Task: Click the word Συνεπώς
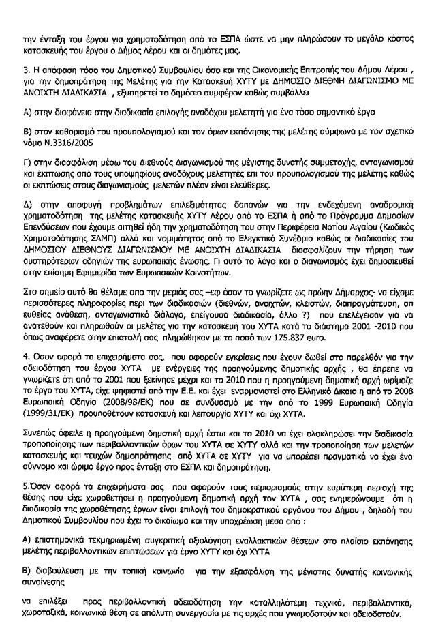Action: click(44, 433)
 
